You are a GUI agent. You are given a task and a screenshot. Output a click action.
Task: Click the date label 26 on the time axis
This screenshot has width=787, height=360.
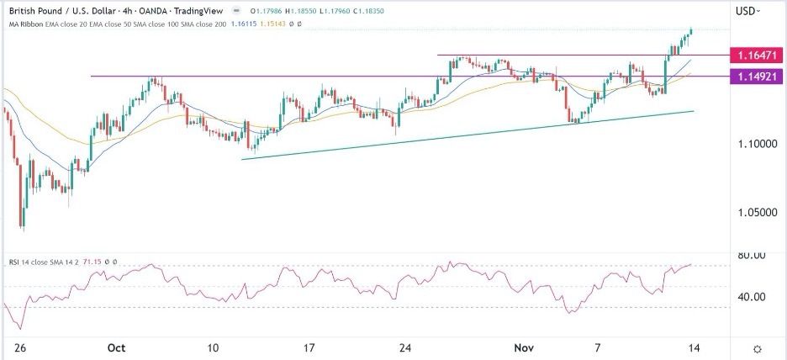click(x=15, y=347)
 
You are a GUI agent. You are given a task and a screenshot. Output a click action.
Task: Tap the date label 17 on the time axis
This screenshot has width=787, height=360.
click(x=309, y=347)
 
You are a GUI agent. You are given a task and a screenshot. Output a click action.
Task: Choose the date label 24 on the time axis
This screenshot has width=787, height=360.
click(x=405, y=347)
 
